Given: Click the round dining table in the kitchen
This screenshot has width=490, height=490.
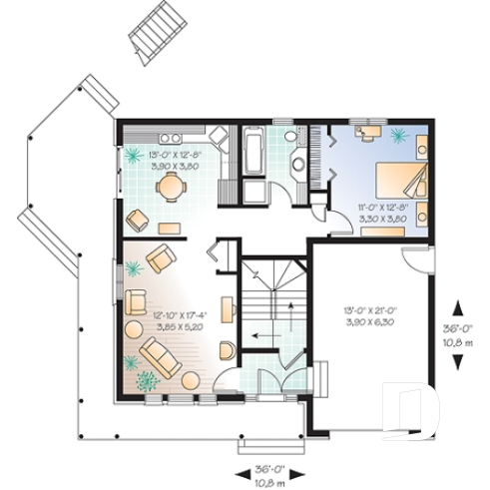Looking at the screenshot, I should (175, 185).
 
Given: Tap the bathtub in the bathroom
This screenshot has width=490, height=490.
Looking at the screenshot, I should (250, 154).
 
